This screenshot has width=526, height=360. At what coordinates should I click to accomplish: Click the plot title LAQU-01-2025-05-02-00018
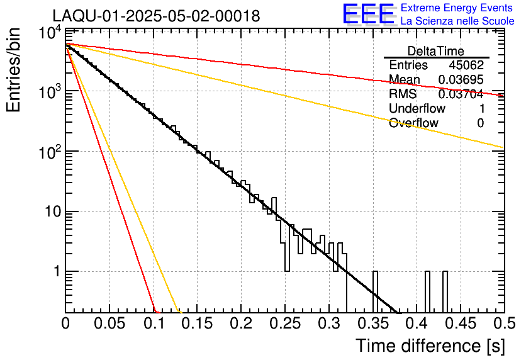pos(156,16)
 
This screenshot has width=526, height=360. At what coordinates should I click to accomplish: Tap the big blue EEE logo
pos(368,14)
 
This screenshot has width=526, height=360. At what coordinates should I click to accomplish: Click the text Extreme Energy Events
pos(457,8)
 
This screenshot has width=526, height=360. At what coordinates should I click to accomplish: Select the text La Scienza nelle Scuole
pos(457,21)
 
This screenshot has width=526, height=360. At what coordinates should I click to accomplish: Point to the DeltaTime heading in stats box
pos(436,51)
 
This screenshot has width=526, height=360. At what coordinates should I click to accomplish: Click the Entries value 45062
pos(466,65)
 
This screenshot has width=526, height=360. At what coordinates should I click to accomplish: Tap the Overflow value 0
pos(480,123)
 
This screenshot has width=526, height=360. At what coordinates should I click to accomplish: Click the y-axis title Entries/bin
pos(16,69)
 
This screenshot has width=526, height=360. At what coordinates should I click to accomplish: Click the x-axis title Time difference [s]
pos(429,346)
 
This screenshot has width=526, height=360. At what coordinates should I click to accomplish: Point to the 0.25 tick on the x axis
pos(285,324)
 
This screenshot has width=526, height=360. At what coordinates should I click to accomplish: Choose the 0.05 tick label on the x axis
pos(109,324)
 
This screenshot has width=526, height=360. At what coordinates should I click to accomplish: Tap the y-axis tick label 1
pos(55,272)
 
